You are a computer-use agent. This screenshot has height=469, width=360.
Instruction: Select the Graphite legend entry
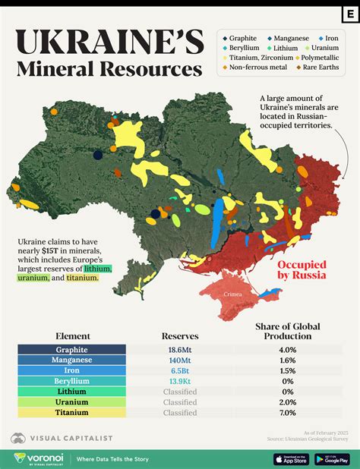[242, 37]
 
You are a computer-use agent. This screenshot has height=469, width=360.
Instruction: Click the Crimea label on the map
[232, 293]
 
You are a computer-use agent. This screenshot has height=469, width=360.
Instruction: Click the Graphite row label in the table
[72, 350]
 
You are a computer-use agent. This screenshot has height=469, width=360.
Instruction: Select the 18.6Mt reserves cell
[180, 350]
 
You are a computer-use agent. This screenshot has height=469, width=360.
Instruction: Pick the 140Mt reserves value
[180, 360]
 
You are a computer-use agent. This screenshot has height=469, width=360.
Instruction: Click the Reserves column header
[180, 335]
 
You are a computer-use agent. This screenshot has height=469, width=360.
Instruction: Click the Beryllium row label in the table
[72, 381]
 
